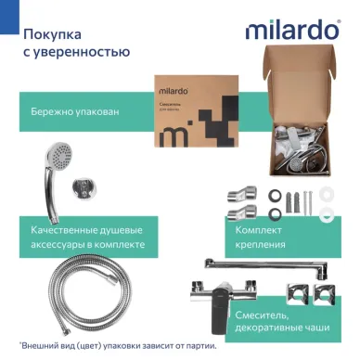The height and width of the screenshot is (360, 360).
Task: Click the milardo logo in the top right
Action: (292, 30)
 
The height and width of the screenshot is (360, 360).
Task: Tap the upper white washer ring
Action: (328, 195)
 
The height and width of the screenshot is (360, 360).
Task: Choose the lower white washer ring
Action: (328, 213)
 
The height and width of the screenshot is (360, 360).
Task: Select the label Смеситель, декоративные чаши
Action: (278, 320)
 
